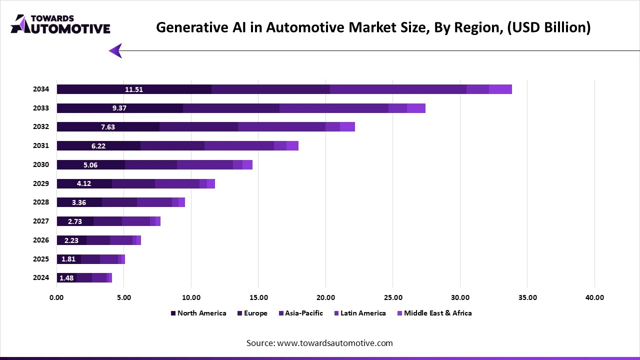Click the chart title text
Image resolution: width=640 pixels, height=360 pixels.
[x=373, y=27]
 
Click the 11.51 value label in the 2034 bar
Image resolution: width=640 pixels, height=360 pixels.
[x=134, y=89]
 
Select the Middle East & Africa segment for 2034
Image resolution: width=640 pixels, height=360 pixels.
[x=500, y=89]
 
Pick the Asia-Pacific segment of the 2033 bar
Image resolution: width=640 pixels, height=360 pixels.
[x=333, y=108]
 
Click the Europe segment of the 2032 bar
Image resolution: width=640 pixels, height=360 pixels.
[x=198, y=127]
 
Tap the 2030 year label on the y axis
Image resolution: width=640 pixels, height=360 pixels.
[x=41, y=164]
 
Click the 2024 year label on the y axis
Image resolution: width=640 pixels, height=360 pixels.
[x=41, y=278]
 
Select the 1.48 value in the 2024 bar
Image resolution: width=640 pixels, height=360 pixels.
[x=66, y=278]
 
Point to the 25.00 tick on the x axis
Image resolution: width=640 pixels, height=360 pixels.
[x=393, y=297]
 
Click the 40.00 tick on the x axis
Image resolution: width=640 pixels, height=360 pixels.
[x=594, y=297]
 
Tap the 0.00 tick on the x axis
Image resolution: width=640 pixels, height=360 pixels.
[x=57, y=297]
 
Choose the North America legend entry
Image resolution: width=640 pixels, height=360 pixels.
[x=198, y=313]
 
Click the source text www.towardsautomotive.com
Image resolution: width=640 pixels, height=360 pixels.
[x=319, y=343]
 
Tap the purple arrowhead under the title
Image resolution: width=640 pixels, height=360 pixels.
[x=115, y=50]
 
